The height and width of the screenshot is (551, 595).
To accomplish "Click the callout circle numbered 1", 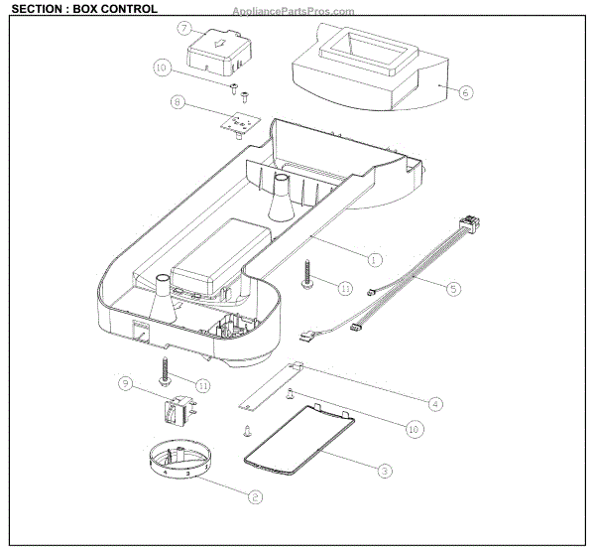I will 374,259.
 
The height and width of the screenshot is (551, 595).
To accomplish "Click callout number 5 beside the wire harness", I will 453,289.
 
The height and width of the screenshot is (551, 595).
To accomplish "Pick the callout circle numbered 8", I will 178,101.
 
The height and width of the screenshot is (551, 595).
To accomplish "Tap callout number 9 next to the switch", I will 125,383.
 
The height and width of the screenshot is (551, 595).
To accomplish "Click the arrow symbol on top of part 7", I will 221,44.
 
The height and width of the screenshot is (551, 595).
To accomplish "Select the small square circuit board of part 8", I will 236,124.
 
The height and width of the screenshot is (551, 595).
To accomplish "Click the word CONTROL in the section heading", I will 124,9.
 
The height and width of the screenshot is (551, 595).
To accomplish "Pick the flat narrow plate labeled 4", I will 271,387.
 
